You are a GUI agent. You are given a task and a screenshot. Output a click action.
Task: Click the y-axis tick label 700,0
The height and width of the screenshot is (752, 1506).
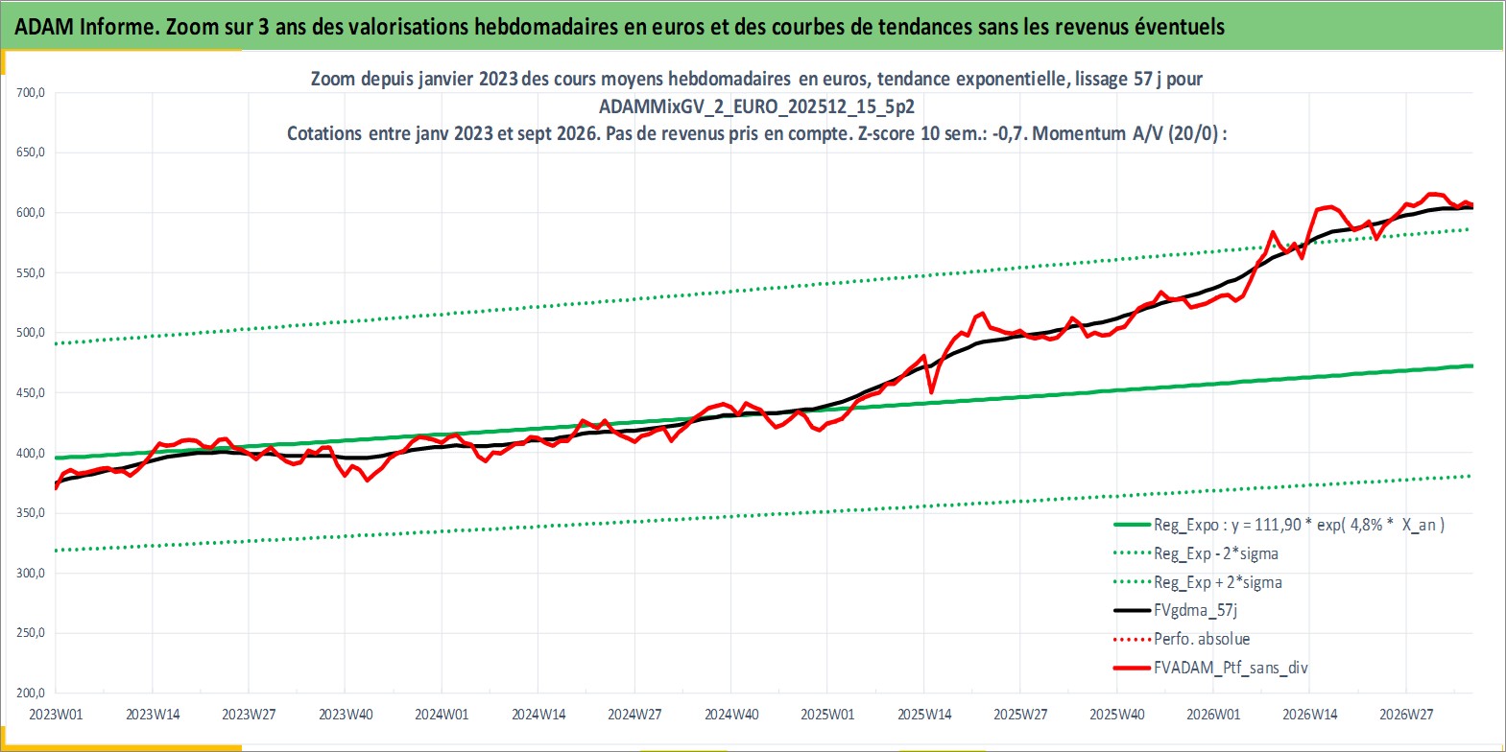(31, 93)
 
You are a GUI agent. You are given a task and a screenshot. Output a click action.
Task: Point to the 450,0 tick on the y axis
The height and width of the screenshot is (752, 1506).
(31, 393)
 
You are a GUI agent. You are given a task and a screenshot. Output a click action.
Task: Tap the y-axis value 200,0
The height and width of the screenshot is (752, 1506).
(31, 693)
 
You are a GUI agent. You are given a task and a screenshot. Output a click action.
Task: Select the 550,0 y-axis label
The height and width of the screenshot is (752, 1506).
(31, 273)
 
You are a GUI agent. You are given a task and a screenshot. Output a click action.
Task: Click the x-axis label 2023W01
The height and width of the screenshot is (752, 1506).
(56, 715)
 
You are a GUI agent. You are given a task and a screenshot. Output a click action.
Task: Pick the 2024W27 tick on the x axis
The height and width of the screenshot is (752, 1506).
(634, 715)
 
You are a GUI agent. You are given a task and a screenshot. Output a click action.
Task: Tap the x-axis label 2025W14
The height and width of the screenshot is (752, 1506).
(924, 715)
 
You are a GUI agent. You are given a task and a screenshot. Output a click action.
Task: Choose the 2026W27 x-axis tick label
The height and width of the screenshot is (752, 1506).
(1406, 715)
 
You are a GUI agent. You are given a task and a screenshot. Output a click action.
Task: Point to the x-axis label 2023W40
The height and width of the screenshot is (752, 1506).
(346, 715)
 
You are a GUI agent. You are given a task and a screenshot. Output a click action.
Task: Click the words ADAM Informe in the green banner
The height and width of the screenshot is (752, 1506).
(86, 26)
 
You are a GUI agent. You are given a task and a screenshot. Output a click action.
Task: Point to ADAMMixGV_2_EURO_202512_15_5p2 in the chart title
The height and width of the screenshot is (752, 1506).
(756, 106)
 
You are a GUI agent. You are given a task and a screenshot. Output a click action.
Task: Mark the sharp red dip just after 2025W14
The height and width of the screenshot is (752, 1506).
(931, 392)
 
